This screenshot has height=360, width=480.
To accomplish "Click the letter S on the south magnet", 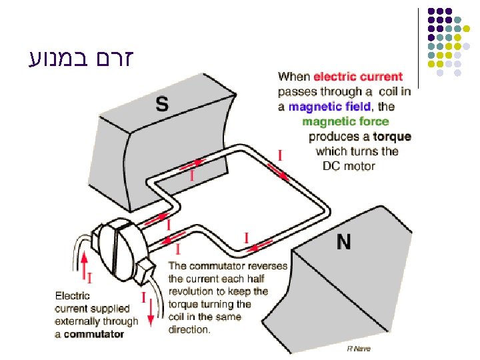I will [162, 103].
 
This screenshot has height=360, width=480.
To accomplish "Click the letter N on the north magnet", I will [343, 242].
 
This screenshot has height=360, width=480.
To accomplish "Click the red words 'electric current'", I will [358, 77].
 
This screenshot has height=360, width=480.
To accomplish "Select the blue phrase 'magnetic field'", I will [330, 107].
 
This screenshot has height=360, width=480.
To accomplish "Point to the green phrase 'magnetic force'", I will [345, 121].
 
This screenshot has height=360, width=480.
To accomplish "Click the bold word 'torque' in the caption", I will [392, 137].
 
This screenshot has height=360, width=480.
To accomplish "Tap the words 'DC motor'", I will [349, 166].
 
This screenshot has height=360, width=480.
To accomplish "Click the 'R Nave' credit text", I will [359, 349].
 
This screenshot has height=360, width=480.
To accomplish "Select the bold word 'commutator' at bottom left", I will [94, 334].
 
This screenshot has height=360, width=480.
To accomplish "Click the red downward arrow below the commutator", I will [151, 310].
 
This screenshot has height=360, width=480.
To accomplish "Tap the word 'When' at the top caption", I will [294, 77].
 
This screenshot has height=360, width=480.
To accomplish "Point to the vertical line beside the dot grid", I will [419, 47].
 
